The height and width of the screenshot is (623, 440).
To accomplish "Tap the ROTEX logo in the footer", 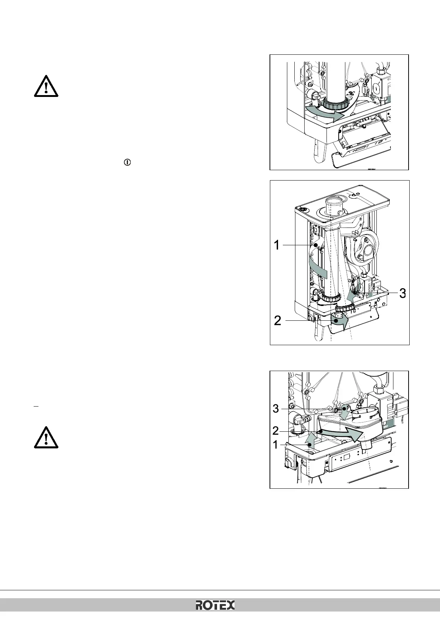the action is (x=215, y=605).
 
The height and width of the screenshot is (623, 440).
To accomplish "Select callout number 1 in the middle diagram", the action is (x=277, y=245).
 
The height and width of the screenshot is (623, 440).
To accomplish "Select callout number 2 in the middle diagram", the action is (x=278, y=320).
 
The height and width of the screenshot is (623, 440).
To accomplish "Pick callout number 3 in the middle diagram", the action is (x=402, y=293).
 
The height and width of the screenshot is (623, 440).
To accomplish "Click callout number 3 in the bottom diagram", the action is (x=276, y=409).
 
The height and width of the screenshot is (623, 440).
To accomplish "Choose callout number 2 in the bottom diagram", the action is (x=275, y=431).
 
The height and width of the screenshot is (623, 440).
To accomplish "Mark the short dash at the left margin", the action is (x=36, y=406).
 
